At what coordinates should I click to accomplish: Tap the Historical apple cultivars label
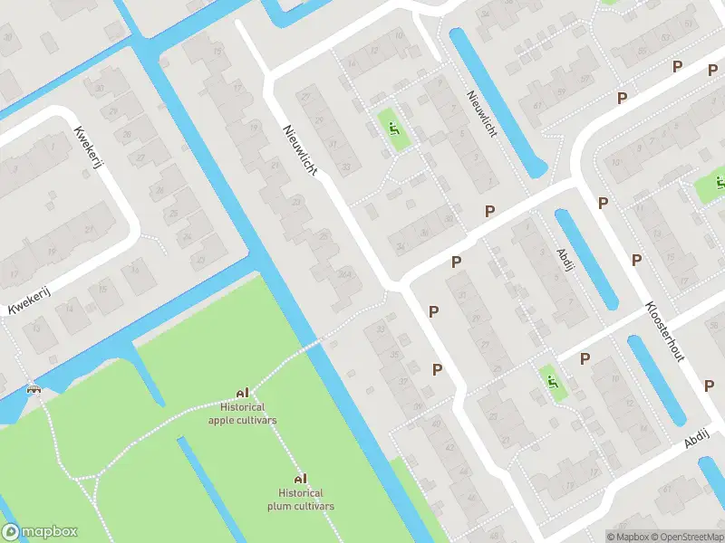(242, 414)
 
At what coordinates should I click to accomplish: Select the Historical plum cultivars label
(301, 500)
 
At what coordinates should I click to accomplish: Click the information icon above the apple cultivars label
(242, 393)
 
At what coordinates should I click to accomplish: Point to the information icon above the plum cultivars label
(300, 478)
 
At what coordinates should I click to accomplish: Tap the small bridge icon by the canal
(34, 389)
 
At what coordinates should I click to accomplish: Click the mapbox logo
(40, 532)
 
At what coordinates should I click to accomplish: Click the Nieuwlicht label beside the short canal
(481, 113)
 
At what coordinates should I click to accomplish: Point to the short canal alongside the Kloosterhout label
(654, 381)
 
